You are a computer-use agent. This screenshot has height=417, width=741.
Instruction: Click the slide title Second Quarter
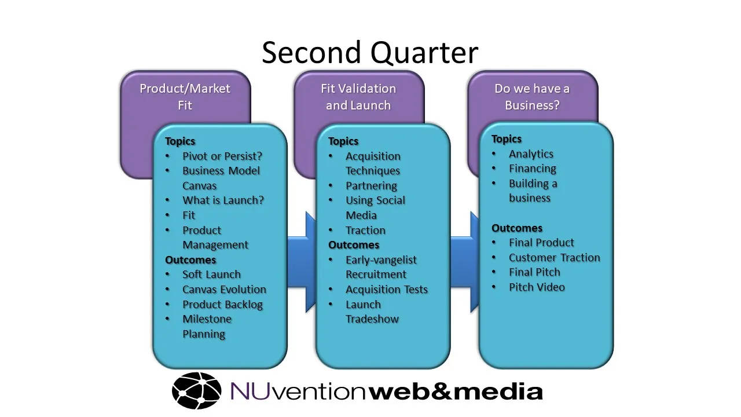coord(370,53)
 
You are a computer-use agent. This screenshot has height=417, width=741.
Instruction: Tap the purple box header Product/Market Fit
coord(185,97)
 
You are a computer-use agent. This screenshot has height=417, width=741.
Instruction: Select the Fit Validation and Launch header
coord(358,97)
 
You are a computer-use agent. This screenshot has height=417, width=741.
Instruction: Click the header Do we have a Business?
coord(532,97)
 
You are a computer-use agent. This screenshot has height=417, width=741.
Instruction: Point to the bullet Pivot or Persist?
coord(222,156)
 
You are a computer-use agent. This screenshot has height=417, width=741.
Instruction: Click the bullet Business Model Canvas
coord(221,178)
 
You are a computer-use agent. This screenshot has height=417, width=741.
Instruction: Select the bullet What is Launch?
coord(223,200)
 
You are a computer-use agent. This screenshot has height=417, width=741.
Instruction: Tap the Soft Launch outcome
coord(211,275)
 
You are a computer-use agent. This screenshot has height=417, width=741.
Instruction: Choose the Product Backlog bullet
coord(222,304)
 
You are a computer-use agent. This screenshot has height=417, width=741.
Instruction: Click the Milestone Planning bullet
coord(207,326)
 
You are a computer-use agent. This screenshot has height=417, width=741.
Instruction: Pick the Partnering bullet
coord(371,186)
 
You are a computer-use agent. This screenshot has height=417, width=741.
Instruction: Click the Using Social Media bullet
coord(375,207)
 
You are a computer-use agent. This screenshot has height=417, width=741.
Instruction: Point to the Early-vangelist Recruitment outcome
coord(380,267)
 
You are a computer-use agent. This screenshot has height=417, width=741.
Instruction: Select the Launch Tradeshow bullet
coord(372,312)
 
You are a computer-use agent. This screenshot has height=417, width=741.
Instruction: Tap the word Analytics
coord(531,154)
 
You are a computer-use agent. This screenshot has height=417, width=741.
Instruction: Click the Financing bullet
coord(532,169)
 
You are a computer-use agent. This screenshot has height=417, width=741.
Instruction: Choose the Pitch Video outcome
coord(537,287)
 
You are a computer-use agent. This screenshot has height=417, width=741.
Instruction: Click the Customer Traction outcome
coord(554,258)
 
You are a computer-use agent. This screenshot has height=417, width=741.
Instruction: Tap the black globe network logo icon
coord(197,391)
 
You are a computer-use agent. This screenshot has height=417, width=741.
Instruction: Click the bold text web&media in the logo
coord(456,392)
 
